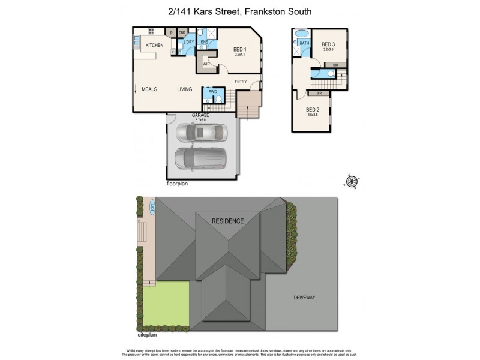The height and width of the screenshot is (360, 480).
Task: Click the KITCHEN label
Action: [x=154, y=46]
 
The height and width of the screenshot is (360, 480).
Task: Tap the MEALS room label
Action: [x=149, y=89]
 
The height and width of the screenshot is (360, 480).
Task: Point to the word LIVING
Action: [x=184, y=89]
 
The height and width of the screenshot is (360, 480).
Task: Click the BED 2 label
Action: [x=312, y=110]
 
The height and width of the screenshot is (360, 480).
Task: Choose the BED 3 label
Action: [x=328, y=44]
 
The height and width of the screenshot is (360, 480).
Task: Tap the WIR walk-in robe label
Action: [x=206, y=64]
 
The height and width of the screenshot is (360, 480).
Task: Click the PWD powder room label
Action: [x=212, y=92]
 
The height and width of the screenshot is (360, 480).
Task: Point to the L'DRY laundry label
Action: [x=188, y=41]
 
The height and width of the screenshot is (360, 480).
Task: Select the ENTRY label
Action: [x=241, y=82]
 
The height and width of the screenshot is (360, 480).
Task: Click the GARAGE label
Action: [x=200, y=115]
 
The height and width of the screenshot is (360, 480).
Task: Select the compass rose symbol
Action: [x=352, y=181]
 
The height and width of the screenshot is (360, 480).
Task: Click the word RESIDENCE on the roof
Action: [x=228, y=221]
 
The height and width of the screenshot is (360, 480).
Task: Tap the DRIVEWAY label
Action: [x=304, y=298]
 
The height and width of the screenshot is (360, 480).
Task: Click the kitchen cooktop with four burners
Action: [x=150, y=31]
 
